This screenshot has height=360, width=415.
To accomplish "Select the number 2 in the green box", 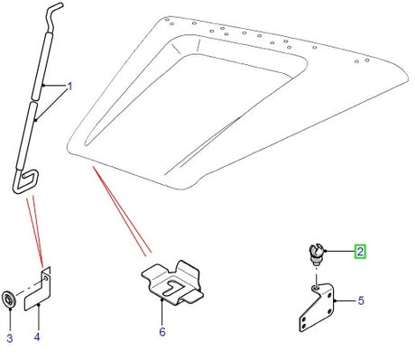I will click(361, 253).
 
